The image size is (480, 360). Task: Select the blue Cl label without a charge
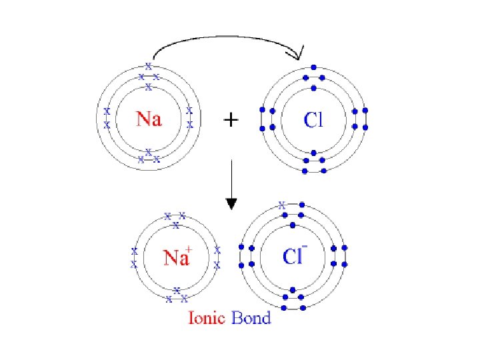(x=313, y=120)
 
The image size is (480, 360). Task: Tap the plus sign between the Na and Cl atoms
(x=230, y=121)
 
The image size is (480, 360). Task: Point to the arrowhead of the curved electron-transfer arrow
(x=299, y=53)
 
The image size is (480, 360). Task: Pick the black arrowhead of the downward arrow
(x=231, y=202)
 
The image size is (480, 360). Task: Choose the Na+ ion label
(x=176, y=257)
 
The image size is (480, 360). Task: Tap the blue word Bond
(x=251, y=317)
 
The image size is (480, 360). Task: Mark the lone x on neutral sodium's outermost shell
(x=149, y=67)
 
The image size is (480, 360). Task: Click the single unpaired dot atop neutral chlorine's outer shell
(x=314, y=67)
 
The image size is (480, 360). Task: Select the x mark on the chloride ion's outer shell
(x=283, y=205)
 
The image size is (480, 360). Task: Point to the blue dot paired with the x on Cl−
(x=302, y=205)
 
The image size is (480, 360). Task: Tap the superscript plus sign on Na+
(x=189, y=250)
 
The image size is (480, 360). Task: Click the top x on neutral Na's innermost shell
(x=149, y=87)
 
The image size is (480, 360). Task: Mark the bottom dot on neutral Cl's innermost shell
(x=314, y=152)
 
